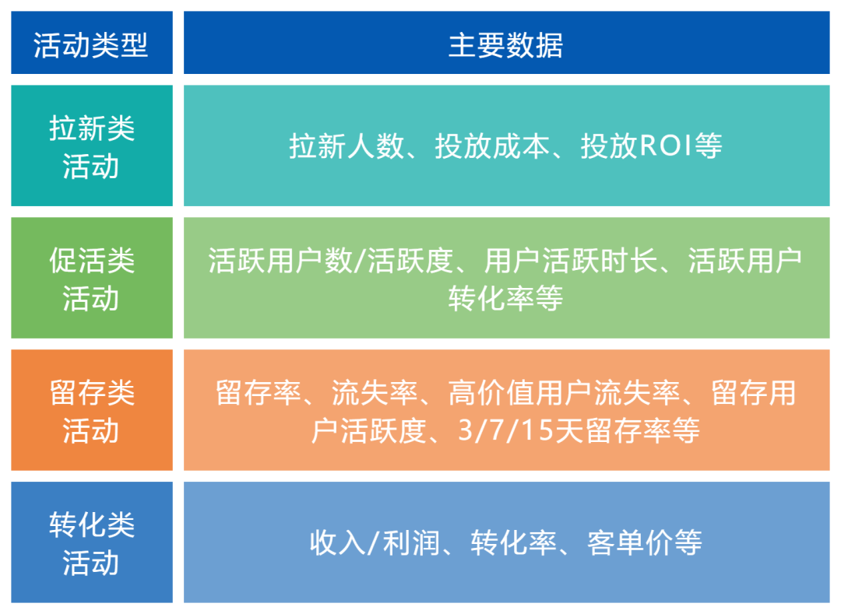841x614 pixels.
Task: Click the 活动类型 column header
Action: [x=91, y=44]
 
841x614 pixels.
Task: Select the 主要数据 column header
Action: [x=505, y=44]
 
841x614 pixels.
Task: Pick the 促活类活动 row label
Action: [x=91, y=279]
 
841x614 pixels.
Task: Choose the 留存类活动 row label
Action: [x=91, y=411]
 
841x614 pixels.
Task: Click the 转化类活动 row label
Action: [x=91, y=542]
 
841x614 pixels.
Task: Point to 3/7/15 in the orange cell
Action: [x=506, y=430]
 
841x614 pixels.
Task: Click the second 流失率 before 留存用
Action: [x=650, y=393]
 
